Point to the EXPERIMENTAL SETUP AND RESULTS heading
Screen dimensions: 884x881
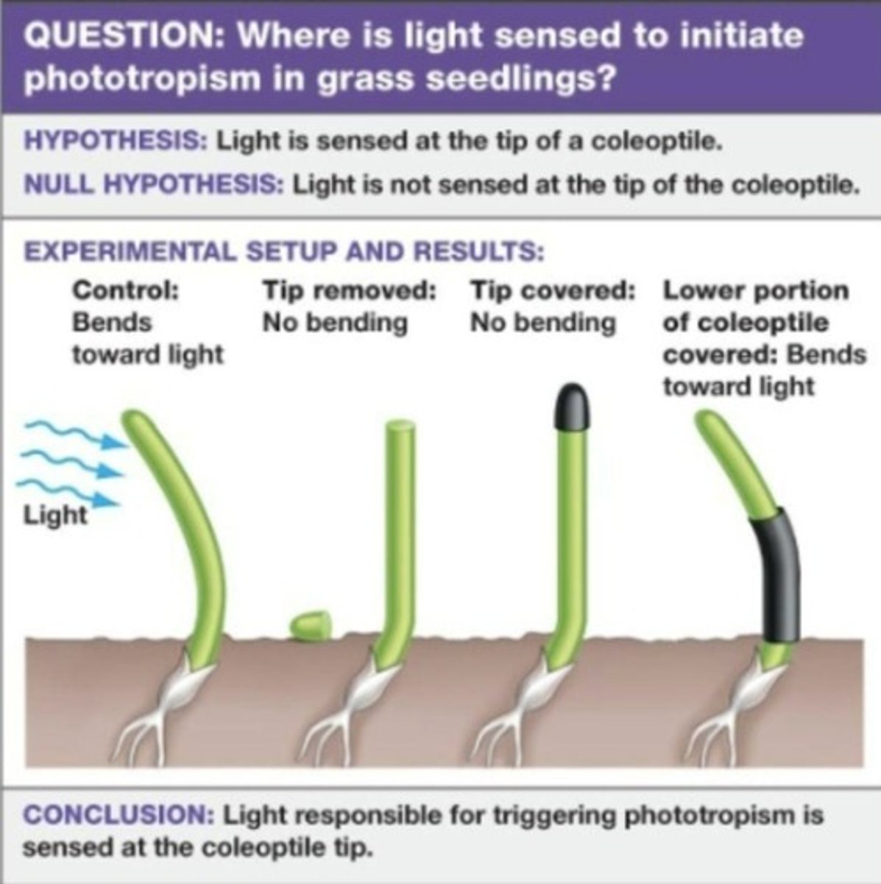click(283, 252)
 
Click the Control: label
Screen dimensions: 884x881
click(125, 290)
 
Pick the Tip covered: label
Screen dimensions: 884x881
click(553, 290)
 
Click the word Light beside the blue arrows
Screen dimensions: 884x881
click(54, 514)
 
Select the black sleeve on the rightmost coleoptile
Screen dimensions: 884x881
click(776, 575)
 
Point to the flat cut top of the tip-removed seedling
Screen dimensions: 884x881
click(400, 426)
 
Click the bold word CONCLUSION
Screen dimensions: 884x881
click(118, 816)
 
